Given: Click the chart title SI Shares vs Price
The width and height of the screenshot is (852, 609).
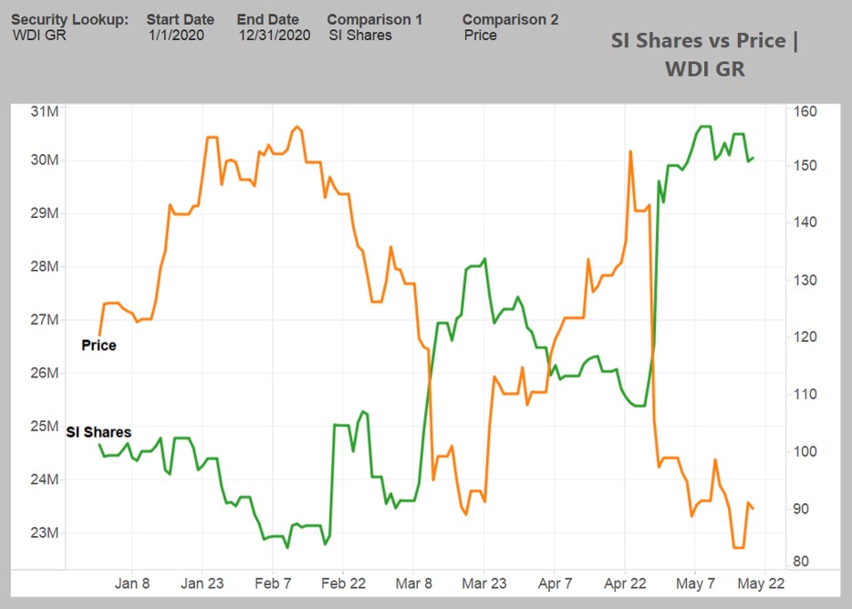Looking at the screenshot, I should click(x=703, y=41).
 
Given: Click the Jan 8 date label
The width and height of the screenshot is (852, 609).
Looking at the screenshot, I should click(x=132, y=583).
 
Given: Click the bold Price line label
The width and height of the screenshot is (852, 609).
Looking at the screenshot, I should click(x=99, y=346).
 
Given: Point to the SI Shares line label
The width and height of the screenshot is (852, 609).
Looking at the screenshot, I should click(x=99, y=432).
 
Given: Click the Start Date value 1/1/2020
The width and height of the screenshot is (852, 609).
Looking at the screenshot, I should click(x=176, y=36).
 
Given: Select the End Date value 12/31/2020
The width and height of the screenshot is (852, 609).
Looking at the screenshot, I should click(x=275, y=36).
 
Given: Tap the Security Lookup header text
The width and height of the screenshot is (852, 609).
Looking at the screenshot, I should click(x=69, y=19).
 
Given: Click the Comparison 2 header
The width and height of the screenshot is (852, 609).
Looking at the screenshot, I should click(x=510, y=19).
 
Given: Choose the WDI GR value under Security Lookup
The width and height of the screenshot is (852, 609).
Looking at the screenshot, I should click(x=39, y=36).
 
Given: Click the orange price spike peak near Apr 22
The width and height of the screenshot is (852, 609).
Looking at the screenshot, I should click(x=630, y=151).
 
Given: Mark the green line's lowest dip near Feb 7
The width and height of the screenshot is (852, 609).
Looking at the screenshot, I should click(x=287, y=547).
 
